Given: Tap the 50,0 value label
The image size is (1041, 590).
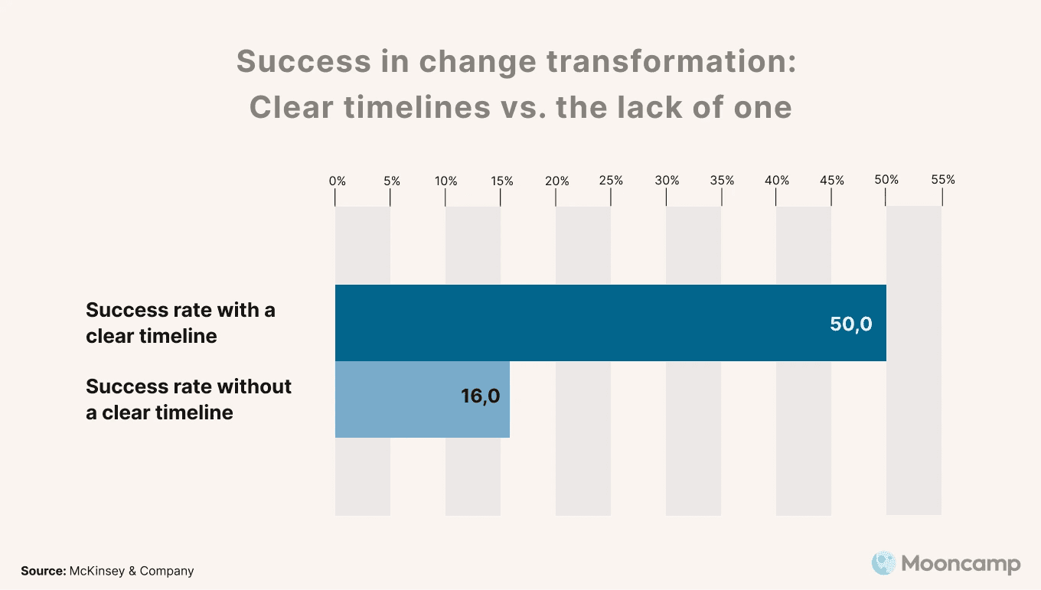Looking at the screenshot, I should click(850, 324).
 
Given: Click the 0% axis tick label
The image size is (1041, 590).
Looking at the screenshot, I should click(338, 181).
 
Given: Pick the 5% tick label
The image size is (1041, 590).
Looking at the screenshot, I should click(392, 181).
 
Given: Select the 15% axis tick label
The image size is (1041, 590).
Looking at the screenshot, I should click(502, 181).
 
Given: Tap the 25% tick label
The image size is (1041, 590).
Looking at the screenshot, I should click(612, 181).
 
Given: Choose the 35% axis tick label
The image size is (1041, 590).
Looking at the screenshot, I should click(722, 181).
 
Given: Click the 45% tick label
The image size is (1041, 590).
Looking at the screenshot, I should click(832, 181).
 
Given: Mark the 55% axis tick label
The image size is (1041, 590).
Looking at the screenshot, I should click(943, 180).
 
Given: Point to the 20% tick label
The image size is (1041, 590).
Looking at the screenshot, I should click(557, 181).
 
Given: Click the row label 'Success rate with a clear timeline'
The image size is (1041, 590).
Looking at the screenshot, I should click(181, 323).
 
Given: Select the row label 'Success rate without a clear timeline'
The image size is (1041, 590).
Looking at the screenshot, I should click(188, 399).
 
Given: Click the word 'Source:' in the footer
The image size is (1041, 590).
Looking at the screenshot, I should click(43, 571).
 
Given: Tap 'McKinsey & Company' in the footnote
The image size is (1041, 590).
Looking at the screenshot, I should click(132, 571).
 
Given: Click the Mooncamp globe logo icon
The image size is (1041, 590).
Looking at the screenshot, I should click(883, 564).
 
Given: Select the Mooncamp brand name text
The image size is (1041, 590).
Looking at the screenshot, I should click(961, 565).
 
